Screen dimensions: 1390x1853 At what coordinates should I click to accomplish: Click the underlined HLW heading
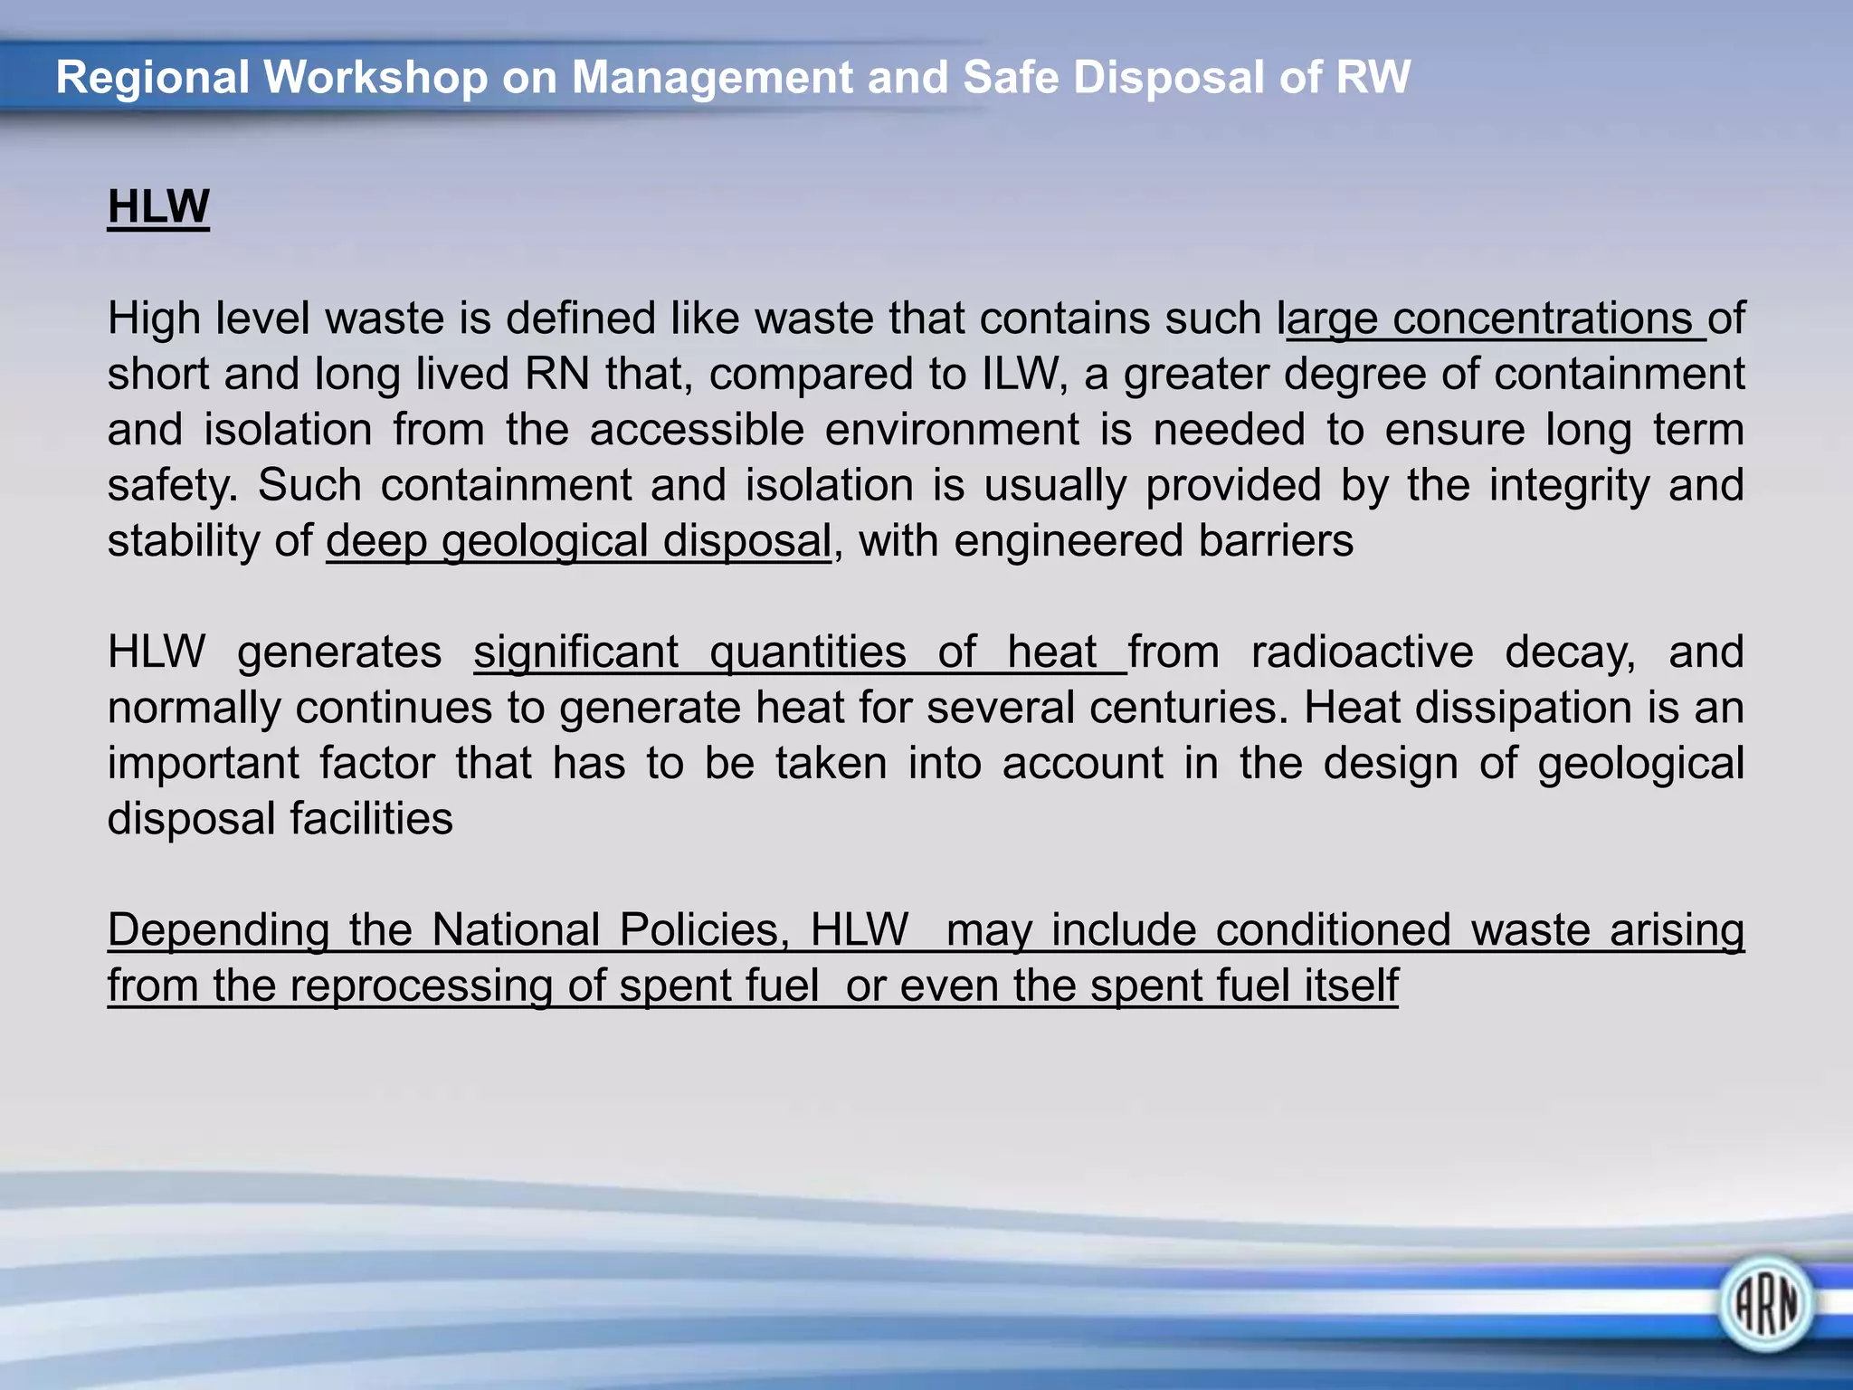[x=158, y=206]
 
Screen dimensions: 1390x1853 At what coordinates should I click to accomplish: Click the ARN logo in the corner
[x=1765, y=1304]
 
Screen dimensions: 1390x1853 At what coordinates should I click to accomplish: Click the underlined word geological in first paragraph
[x=545, y=541]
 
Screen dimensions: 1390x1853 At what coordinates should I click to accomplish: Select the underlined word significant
[x=575, y=652]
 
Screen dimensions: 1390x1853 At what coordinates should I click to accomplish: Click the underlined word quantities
[x=807, y=652]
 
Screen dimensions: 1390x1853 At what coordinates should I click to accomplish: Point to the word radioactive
[x=1362, y=652]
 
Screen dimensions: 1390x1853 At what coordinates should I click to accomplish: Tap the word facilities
[x=371, y=819]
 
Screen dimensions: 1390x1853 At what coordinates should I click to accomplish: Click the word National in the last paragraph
[x=516, y=930]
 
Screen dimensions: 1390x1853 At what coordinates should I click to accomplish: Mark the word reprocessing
[x=421, y=985]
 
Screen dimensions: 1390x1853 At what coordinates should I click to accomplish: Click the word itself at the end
[x=1351, y=985]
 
